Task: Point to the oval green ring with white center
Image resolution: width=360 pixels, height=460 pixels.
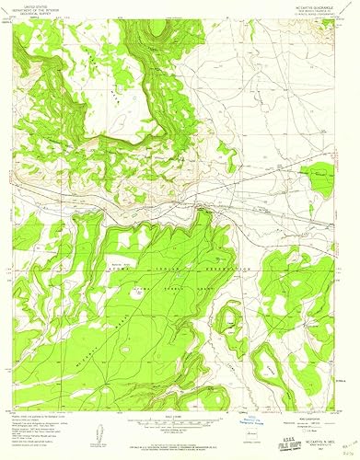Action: point(228,319)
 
